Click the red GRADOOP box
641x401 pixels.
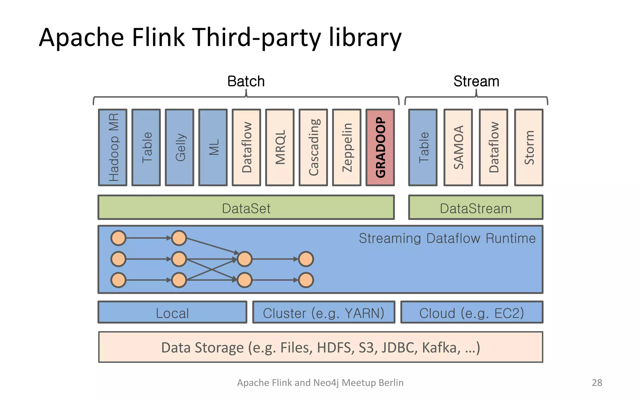pyautogui.click(x=380, y=147)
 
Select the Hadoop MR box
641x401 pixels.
pyautogui.click(x=113, y=147)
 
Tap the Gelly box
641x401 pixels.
pyautogui.click(x=179, y=147)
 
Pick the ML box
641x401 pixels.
pyautogui.click(x=213, y=147)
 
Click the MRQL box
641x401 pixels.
pyautogui.click(x=280, y=147)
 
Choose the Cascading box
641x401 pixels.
pyautogui.click(x=313, y=147)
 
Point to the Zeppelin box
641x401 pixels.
pyautogui.click(x=346, y=147)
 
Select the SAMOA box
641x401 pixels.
pyautogui.click(x=458, y=147)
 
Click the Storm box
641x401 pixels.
pyautogui.click(x=529, y=147)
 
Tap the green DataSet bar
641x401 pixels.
pyautogui.click(x=246, y=207)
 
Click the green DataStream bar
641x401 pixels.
pyautogui.click(x=475, y=207)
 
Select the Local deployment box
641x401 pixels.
pyautogui.click(x=172, y=312)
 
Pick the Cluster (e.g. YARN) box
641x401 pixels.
pyautogui.click(x=324, y=312)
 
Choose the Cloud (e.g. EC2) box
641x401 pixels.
pyautogui.click(x=471, y=312)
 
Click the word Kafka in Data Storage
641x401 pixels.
pyautogui.click(x=441, y=348)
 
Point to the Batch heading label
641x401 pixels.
pyautogui.click(x=246, y=81)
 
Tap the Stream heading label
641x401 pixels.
pyautogui.click(x=476, y=81)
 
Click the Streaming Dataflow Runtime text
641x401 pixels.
pyautogui.click(x=447, y=238)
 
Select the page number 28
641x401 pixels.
pyautogui.click(x=597, y=383)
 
